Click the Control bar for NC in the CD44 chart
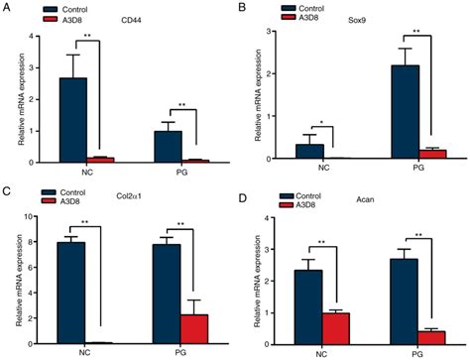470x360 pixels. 94,119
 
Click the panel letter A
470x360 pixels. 6,8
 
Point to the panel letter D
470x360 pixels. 247,189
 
